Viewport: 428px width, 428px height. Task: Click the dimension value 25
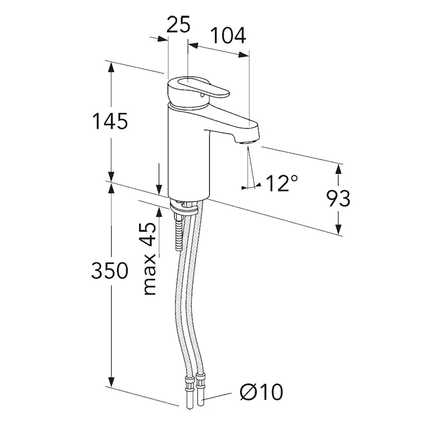click(178, 24)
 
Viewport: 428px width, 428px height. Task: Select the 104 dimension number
click(228, 36)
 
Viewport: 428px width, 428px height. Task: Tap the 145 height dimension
click(110, 121)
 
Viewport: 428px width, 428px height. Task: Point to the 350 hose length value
click(110, 270)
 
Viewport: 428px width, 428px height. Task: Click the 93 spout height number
click(338, 198)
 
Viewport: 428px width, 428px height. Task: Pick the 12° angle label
click(282, 183)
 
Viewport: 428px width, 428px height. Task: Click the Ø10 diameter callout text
click(262, 392)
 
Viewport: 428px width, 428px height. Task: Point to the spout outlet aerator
click(247, 143)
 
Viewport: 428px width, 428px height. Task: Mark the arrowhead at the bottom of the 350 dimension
click(111, 381)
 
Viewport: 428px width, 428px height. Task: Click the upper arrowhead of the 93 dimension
click(339, 170)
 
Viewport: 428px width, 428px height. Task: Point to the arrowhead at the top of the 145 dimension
click(111, 67)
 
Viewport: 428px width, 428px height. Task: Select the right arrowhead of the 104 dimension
click(243, 55)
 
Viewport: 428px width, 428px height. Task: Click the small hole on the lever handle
click(202, 95)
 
